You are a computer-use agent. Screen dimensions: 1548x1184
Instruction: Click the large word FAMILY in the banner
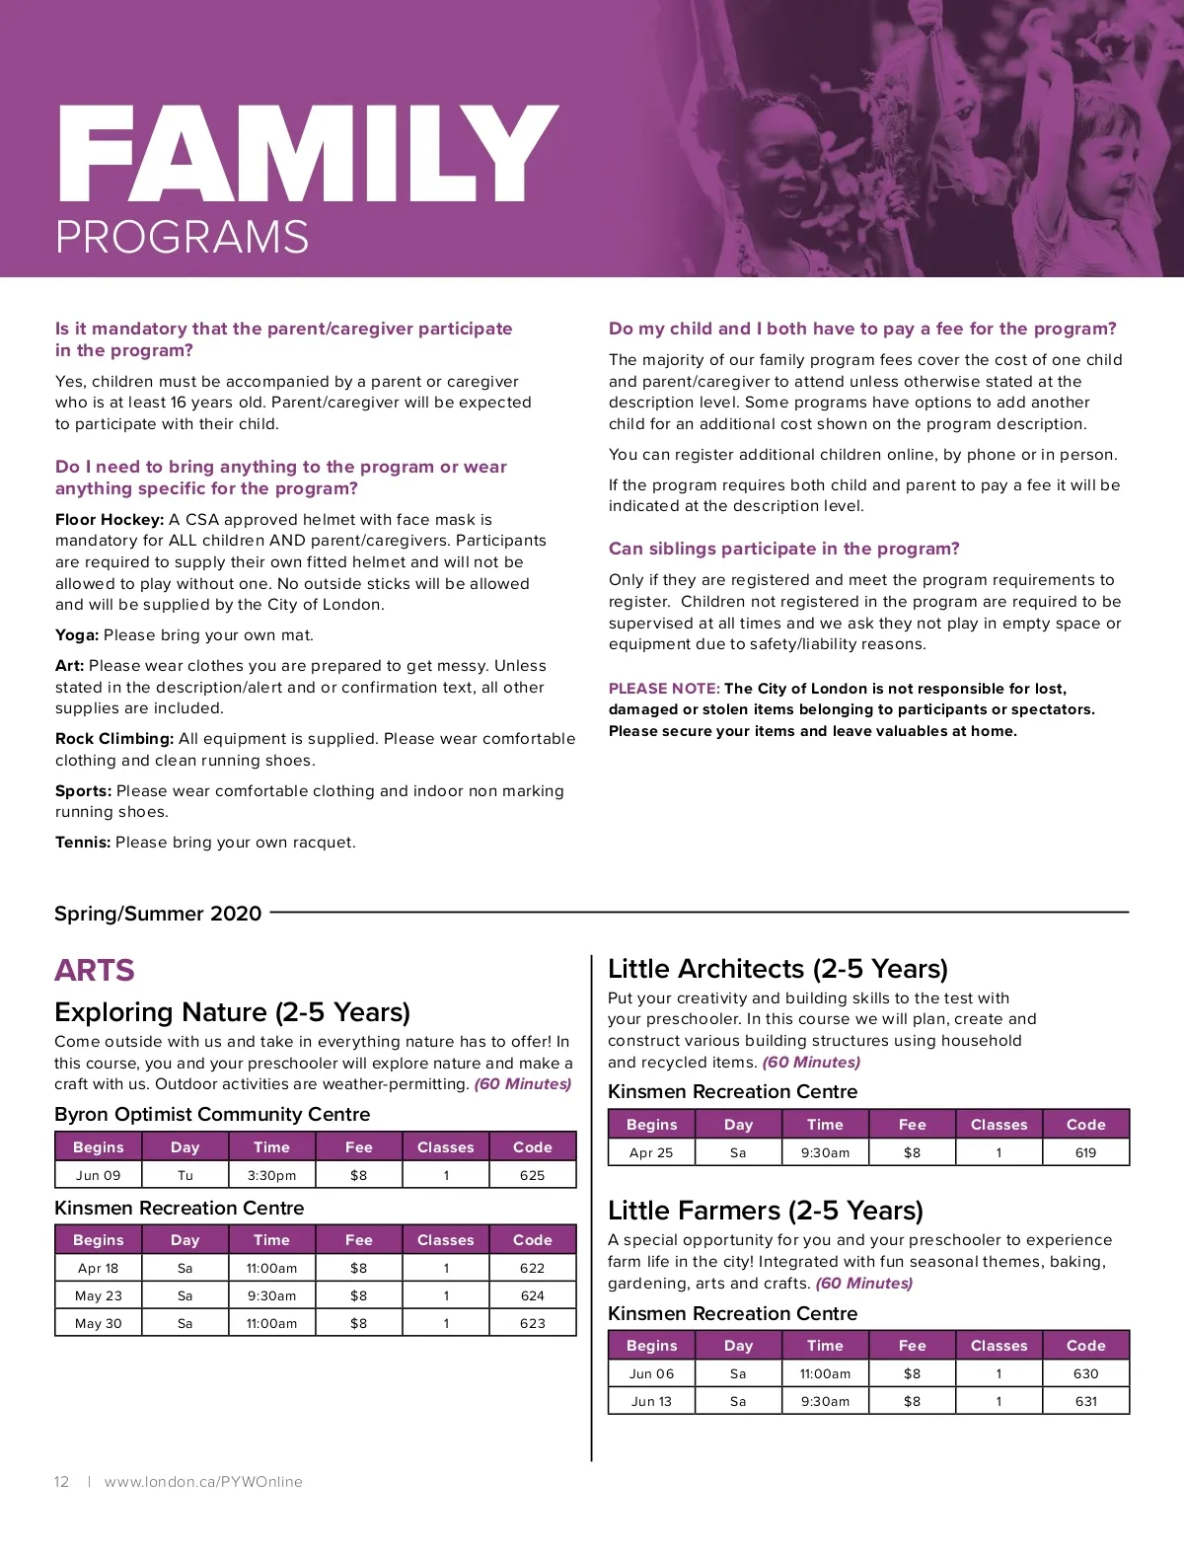[x=307, y=155]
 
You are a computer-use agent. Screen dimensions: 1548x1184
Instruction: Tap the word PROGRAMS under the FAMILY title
[x=183, y=238]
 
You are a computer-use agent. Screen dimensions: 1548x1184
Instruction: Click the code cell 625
[x=532, y=1175]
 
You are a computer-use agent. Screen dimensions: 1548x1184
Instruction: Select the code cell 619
[x=1085, y=1152]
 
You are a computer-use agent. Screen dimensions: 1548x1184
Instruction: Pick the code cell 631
[x=1085, y=1401]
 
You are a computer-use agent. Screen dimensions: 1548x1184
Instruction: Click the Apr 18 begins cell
[x=98, y=1268]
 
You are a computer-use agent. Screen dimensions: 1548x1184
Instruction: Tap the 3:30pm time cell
[x=271, y=1175]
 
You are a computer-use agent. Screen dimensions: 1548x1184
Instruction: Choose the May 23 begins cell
[x=98, y=1295]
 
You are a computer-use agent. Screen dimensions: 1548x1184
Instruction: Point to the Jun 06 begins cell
[x=651, y=1373]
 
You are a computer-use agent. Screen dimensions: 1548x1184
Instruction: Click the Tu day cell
[x=185, y=1175]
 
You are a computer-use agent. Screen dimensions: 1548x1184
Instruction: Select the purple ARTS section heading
[x=95, y=971]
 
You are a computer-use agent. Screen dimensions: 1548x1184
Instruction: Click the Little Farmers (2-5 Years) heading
[x=766, y=1211]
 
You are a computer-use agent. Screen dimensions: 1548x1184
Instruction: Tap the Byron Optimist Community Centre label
[x=212, y=1114]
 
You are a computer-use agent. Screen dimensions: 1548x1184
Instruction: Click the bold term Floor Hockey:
[x=110, y=519]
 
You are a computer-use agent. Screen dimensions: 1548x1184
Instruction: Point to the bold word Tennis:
[x=83, y=843]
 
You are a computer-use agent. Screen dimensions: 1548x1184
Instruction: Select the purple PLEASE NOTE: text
[x=664, y=689]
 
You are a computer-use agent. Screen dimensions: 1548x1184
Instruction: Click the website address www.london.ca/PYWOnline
[x=203, y=1482]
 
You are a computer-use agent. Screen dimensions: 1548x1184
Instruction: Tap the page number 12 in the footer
[x=61, y=1482]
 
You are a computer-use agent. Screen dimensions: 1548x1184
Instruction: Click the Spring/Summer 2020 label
[x=158, y=914]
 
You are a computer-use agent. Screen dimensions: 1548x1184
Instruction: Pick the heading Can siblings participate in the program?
[x=783, y=549]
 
